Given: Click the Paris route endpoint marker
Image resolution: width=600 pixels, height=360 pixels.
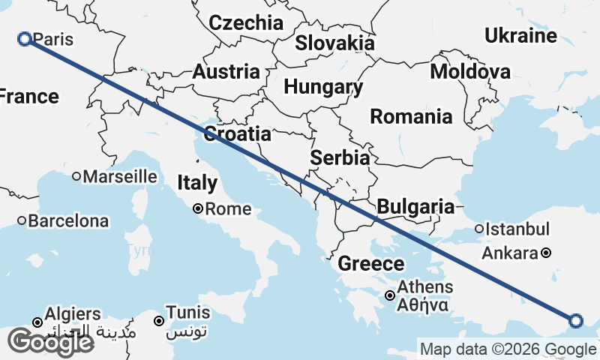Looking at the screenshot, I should [x=24, y=39].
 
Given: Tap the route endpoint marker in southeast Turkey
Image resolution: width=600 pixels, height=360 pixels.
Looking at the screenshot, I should [x=576, y=321].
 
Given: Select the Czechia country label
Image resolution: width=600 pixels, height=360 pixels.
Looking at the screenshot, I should [x=246, y=22].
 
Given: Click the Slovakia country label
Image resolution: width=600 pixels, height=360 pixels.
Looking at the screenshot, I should [x=334, y=42].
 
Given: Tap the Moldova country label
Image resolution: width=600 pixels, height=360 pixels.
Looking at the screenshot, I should [x=470, y=71].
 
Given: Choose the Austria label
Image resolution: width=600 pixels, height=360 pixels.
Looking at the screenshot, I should [x=226, y=72].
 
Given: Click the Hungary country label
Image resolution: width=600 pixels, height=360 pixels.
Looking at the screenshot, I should [x=323, y=86].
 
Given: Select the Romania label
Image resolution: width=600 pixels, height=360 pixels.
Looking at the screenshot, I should [x=411, y=116].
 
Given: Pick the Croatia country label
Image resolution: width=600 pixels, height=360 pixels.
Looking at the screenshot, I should [x=237, y=133].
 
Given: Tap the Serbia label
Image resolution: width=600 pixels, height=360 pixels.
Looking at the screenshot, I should [x=340, y=158].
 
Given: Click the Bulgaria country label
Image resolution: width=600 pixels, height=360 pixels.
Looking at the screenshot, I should [x=415, y=206].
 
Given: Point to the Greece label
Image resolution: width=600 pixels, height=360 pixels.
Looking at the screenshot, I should [x=370, y=263].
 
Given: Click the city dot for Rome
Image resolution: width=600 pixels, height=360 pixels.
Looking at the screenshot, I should [x=198, y=209].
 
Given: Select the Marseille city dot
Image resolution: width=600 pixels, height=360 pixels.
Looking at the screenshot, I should [x=76, y=177].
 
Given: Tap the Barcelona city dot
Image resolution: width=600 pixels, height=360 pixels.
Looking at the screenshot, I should [x=22, y=221].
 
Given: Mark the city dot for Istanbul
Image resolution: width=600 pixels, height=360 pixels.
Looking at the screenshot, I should [x=479, y=229].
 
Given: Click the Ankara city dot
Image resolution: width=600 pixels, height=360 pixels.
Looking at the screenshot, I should [x=547, y=253].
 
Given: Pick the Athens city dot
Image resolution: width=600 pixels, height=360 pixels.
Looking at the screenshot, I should [x=390, y=295].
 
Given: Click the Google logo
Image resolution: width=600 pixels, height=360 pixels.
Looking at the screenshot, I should [x=50, y=342].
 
